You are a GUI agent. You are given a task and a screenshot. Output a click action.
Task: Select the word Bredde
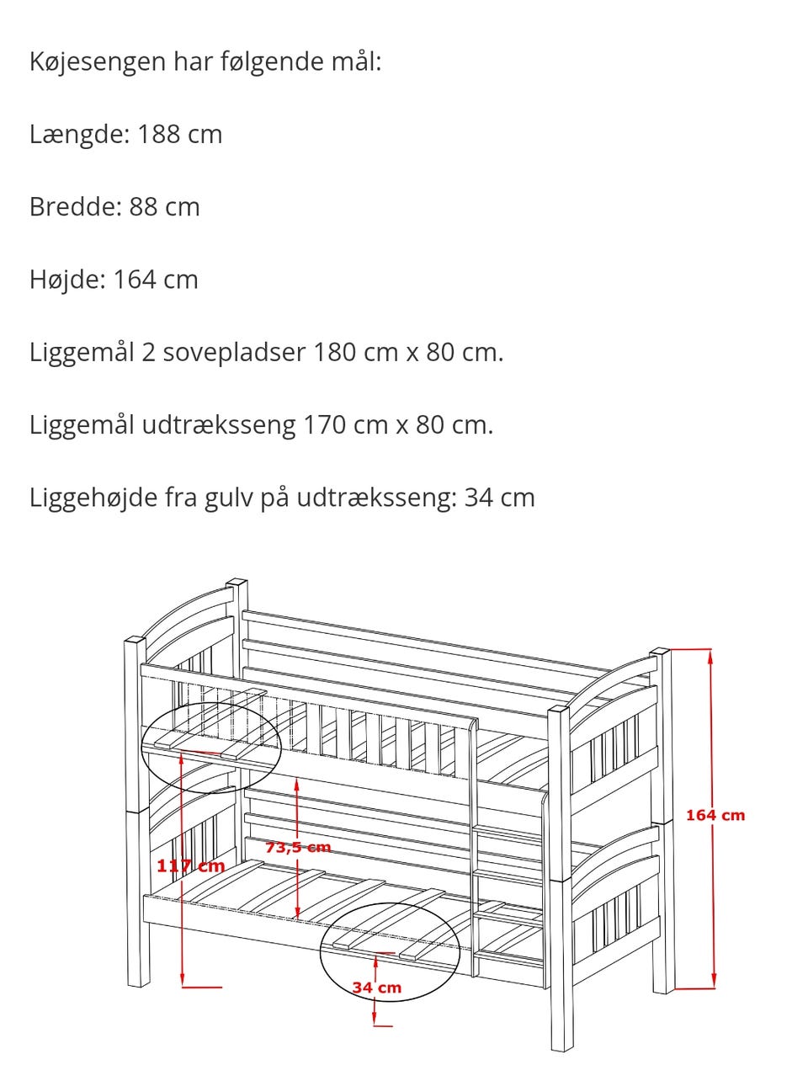pyautogui.click(x=75, y=206)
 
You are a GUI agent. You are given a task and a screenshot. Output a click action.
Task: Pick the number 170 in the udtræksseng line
pyautogui.click(x=324, y=424)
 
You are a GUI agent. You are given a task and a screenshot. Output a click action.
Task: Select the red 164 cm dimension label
pyautogui.click(x=715, y=815)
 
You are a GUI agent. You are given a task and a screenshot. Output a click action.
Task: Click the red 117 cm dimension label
pyautogui.click(x=191, y=865)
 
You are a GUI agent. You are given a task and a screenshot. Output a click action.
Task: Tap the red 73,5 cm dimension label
pyautogui.click(x=298, y=847)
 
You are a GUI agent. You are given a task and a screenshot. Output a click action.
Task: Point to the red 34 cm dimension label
pyautogui.click(x=376, y=988)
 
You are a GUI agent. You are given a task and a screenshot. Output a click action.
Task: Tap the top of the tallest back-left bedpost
pyautogui.click(x=237, y=583)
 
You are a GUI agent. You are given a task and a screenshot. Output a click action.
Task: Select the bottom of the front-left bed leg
pyautogui.click(x=136, y=984)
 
